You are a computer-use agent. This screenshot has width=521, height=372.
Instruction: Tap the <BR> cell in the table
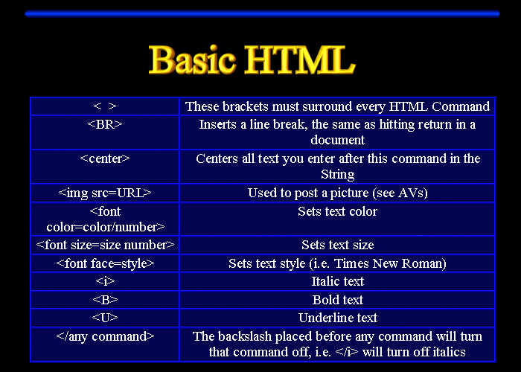point(105,124)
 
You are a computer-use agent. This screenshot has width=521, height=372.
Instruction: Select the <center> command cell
point(105,158)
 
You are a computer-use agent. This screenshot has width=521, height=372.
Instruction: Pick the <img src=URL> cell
point(105,193)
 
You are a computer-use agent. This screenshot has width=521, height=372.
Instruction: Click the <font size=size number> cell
point(105,245)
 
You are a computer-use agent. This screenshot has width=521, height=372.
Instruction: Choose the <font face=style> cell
point(105,263)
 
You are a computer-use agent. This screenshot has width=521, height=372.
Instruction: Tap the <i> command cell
point(105,281)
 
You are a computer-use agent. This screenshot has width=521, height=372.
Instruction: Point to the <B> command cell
point(105,300)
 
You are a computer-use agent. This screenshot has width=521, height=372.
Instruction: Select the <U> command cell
point(105,318)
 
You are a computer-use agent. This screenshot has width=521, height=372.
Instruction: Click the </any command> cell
point(105,336)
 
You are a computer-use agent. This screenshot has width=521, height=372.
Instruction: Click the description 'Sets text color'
point(337,211)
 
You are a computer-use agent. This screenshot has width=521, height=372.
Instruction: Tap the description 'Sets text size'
point(337,245)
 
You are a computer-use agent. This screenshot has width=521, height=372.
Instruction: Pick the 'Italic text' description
point(337,281)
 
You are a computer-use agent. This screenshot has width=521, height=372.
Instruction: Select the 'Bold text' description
point(337,300)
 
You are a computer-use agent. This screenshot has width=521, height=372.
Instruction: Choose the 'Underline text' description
point(337,318)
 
